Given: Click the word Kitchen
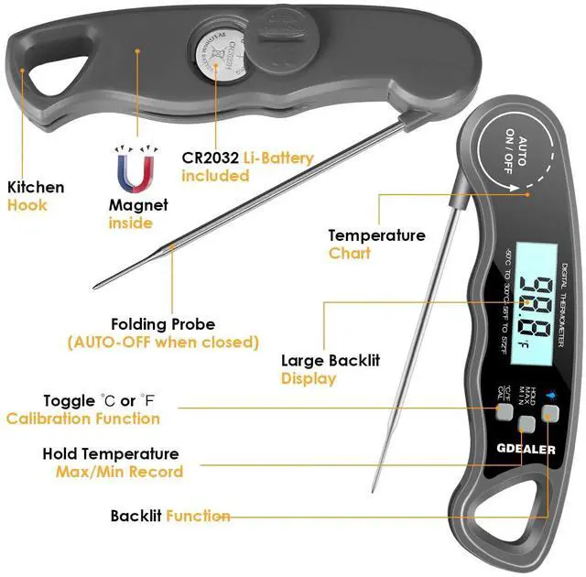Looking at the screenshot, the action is point(36,188).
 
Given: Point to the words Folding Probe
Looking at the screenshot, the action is point(163,324).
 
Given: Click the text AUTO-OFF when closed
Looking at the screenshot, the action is point(163,342).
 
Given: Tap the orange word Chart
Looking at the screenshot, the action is point(350,253).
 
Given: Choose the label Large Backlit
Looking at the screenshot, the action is point(330,361).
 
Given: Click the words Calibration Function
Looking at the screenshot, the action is point(83,419).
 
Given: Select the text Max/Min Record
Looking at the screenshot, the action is point(119,472).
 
